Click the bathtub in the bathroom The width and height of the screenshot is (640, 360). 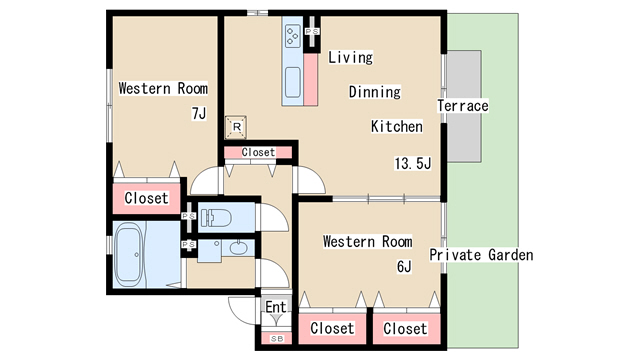(x=129, y=255)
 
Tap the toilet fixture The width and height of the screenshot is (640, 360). (x=215, y=218)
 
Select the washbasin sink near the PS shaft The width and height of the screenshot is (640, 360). (x=237, y=248)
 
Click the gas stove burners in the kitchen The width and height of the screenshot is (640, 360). (x=292, y=36)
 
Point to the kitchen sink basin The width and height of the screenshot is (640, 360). (x=293, y=82)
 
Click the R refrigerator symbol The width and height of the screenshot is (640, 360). (x=236, y=127)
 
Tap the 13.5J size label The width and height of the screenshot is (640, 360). (x=413, y=163)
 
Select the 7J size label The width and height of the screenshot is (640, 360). (x=199, y=113)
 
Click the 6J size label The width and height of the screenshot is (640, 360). (x=404, y=267)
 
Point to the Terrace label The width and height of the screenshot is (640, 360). (x=463, y=106)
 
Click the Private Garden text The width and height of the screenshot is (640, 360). (x=481, y=255)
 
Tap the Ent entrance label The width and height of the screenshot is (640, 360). (x=276, y=307)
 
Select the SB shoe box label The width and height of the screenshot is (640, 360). (x=277, y=339)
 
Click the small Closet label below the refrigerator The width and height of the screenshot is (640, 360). (x=258, y=152)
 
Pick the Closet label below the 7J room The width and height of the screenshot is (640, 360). (x=147, y=198)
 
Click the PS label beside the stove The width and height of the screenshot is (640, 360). (x=312, y=31)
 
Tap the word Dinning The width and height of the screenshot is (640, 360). (x=375, y=92)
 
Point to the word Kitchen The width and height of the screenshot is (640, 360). (x=397, y=126)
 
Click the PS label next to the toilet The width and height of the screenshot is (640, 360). (x=189, y=216)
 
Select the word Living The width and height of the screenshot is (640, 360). (x=351, y=57)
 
